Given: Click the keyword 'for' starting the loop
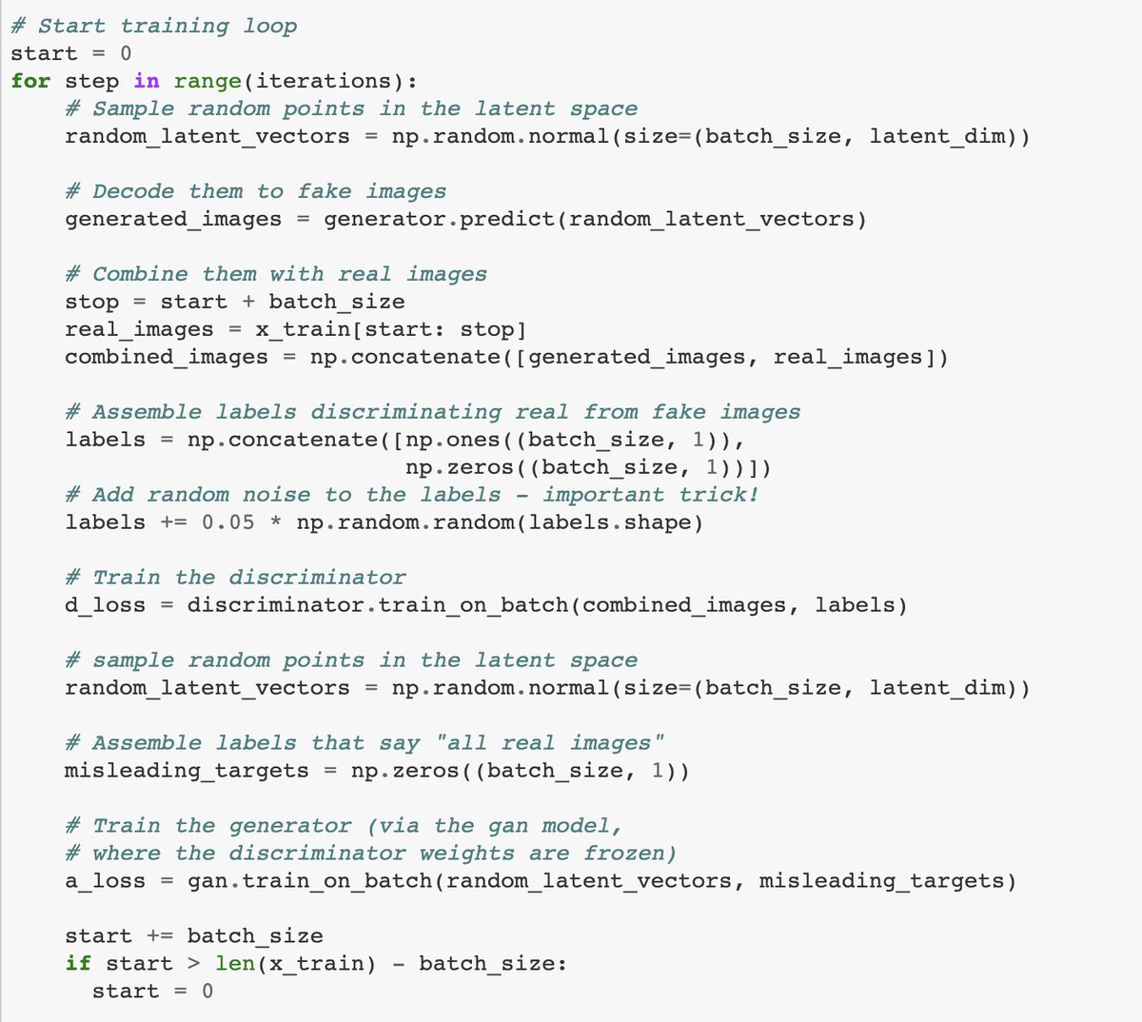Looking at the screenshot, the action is (30, 81).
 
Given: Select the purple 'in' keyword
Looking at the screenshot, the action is (147, 81).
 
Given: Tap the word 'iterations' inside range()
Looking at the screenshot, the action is (324, 81).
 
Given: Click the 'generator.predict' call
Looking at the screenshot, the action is (439, 219).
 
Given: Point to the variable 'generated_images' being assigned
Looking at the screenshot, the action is (173, 219).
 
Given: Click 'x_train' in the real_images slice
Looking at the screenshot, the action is (296, 329).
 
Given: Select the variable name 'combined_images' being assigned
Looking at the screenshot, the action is (167, 357).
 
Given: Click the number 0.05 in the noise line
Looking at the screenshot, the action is (228, 522).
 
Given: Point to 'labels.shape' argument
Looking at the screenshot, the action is (616, 522).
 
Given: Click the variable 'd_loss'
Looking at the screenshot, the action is (105, 605).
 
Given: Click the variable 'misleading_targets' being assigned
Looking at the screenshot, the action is (187, 771).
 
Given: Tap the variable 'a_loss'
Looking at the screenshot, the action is (105, 881).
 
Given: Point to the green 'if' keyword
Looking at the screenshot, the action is (78, 964).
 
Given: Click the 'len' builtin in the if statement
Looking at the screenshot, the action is (234, 964).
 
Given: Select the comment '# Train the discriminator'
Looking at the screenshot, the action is (235, 578).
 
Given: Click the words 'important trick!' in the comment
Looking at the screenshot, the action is (651, 495).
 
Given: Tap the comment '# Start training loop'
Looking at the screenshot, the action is (153, 26).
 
